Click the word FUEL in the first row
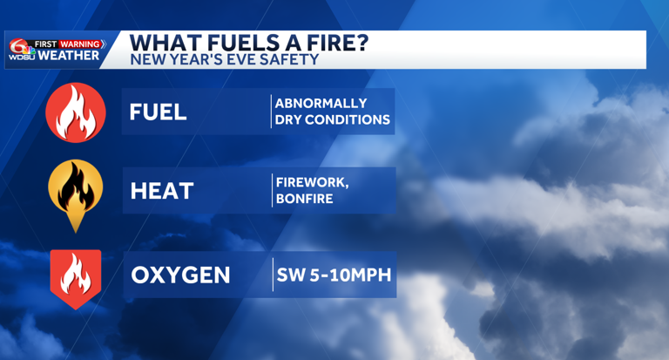click(x=158, y=112)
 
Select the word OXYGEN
click(x=180, y=275)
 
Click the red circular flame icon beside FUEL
click(x=76, y=112)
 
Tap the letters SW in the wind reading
click(x=289, y=275)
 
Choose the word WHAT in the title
click(x=162, y=44)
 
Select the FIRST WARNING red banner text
click(x=69, y=44)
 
